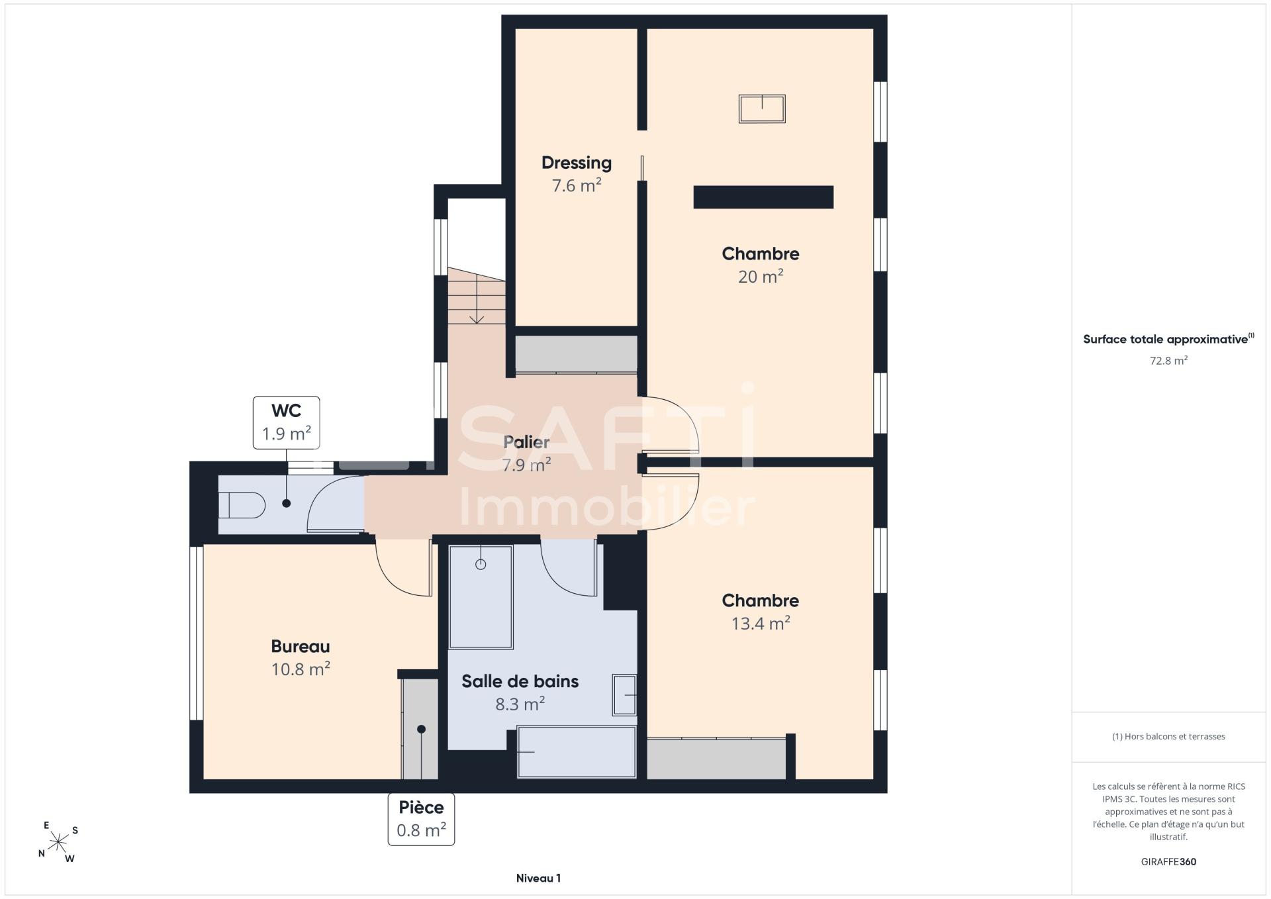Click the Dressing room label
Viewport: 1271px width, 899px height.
point(576,163)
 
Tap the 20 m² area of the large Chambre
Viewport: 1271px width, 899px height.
point(761,276)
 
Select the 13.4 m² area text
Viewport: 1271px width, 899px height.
point(761,623)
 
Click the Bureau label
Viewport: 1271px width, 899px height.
point(301,646)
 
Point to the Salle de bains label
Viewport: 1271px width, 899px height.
point(520,681)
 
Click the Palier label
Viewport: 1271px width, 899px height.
point(526,442)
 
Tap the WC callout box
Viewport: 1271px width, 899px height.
point(287,422)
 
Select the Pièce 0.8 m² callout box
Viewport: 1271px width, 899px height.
point(421,819)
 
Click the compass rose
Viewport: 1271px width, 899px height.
point(59,841)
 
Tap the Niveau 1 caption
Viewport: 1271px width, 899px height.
point(538,878)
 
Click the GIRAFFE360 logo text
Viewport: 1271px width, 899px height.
point(1168,862)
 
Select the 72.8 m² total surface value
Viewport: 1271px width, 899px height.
point(1168,361)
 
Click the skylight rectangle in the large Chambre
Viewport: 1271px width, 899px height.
point(762,109)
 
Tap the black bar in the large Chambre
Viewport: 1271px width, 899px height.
point(763,197)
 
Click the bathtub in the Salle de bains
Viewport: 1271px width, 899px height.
point(577,752)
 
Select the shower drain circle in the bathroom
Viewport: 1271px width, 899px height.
point(481,564)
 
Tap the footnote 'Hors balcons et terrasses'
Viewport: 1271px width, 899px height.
point(1168,736)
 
